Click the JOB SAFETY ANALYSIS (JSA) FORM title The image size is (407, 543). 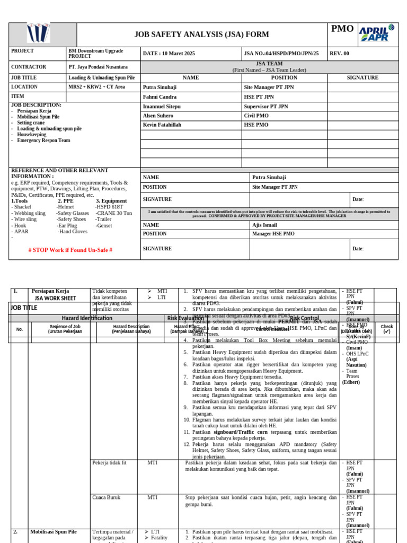tap(201, 34)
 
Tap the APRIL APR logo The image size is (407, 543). tap(377, 34)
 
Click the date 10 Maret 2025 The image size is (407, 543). tap(169, 54)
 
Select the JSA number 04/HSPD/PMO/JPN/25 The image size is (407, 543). tap(281, 54)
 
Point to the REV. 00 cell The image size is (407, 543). tap(340, 54)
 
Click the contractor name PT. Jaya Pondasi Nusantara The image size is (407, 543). tap(98, 67)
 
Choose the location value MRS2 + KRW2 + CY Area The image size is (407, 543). tap(96, 87)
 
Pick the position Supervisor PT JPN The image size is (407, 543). tap(266, 107)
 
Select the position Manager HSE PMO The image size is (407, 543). tap(273, 234)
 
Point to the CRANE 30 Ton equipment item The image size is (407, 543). tap(114, 213)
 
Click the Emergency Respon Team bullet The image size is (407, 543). tap(43, 141)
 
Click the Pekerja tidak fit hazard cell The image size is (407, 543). tap(109, 463)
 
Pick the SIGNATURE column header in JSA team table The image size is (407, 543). tap(362, 77)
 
